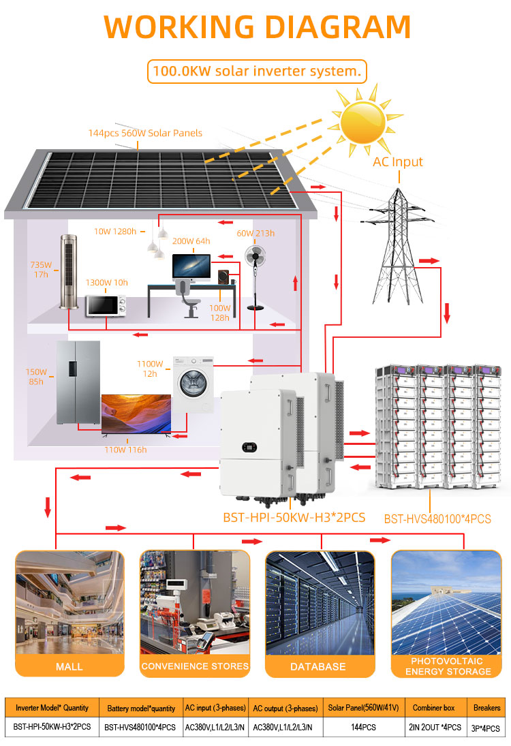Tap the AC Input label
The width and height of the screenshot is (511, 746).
coord(398,161)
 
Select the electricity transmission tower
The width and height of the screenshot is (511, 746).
coord(398,246)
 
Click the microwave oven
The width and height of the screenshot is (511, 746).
coord(106,306)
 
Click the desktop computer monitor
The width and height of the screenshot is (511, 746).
coord(191,267)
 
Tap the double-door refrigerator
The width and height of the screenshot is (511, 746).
coord(78,382)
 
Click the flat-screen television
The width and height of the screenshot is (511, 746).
coord(136,414)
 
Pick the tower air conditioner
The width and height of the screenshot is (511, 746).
coord(69,272)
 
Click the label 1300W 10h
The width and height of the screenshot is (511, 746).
coord(106,283)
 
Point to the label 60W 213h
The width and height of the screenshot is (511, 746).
coord(255,233)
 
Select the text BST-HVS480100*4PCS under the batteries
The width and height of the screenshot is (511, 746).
coord(437,519)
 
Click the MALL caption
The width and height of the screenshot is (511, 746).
coord(69,666)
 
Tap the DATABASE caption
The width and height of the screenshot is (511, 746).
coord(318,666)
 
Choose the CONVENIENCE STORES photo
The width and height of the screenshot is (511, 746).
coord(195,603)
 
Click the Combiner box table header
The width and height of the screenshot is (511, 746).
coord(433,708)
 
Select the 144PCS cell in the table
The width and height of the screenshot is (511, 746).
coord(364,728)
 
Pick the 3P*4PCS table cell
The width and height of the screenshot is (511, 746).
coord(485,728)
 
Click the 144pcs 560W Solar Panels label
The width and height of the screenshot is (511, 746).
coord(145,134)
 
